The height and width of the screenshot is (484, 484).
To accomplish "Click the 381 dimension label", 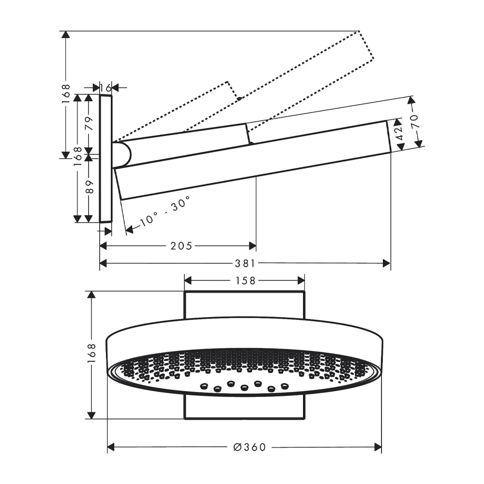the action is (x=245, y=263).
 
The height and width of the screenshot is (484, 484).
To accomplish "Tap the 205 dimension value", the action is (x=181, y=246).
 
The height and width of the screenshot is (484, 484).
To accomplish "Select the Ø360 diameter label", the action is (x=249, y=447).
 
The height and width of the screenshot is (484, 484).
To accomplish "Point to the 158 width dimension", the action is (x=245, y=281).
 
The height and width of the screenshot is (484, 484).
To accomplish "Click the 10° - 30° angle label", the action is (x=165, y=212).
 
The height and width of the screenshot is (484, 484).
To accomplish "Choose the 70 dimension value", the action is (x=414, y=121).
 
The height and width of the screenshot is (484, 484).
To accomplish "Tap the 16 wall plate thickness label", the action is (x=106, y=88).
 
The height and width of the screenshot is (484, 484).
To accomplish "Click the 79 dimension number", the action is (x=89, y=123).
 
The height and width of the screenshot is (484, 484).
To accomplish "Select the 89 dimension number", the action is (x=89, y=187).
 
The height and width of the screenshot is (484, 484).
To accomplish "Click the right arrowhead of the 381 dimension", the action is (x=386, y=263).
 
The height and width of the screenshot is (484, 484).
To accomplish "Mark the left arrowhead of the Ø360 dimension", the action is (x=111, y=447).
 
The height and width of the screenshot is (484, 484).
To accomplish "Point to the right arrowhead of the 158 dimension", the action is (x=301, y=281).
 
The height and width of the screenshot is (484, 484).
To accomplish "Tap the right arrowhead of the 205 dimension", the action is (x=253, y=246).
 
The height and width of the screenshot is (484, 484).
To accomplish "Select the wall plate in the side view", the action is (x=106, y=159).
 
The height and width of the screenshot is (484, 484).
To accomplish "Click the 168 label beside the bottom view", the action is (x=91, y=354).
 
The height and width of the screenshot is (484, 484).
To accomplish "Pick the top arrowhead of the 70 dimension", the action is (x=411, y=101).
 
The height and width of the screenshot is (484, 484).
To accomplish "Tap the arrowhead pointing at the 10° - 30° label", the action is (x=129, y=229).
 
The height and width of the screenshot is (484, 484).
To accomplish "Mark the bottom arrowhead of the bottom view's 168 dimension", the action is (x=91, y=415).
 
